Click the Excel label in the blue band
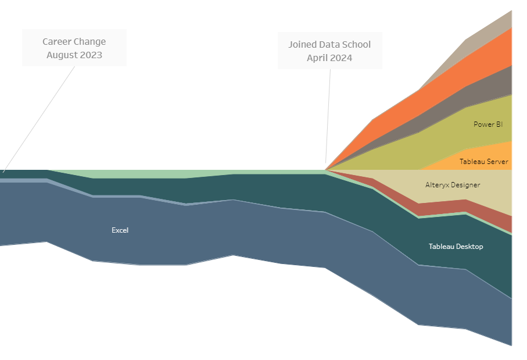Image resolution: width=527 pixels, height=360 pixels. coord(120,230)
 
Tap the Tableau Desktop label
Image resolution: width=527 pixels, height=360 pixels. coord(456,247)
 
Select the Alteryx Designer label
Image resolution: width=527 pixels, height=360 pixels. coord(453,185)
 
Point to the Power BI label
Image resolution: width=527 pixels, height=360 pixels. coord(488,124)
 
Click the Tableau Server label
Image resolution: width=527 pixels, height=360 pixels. coord(483,162)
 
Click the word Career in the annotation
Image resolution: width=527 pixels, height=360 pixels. coord(58,42)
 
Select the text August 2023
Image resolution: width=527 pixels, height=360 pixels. coord(74,55)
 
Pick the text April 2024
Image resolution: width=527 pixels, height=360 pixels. coord(329,58)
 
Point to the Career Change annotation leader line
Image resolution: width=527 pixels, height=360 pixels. coord(41,116)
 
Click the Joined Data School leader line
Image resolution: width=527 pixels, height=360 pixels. coord(328,116)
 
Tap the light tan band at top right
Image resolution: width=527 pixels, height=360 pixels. coord(494,29)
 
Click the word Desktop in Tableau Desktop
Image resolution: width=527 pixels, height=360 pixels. coord(469,247)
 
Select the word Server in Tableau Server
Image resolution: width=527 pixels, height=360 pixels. coord(497,162)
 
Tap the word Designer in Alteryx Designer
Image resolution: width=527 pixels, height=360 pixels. coord(465,185)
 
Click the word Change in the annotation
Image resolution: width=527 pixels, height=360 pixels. coord(90,42)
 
